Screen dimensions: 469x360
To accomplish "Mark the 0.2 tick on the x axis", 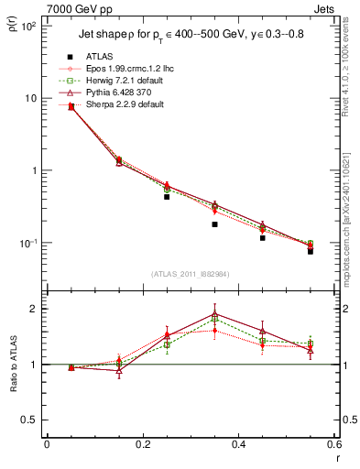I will click(x=142, y=444).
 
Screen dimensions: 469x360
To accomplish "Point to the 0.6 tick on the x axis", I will click(x=334, y=444).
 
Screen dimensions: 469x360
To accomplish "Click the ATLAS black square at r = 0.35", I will click(x=214, y=224).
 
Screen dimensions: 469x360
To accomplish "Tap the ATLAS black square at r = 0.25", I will click(x=167, y=197).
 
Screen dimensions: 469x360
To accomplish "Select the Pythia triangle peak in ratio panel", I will click(x=214, y=314).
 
